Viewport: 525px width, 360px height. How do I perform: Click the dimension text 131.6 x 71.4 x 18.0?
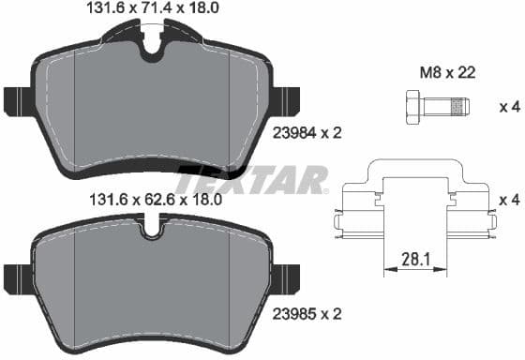coord(151,10)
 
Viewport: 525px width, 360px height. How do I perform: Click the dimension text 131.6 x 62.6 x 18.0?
coord(151,199)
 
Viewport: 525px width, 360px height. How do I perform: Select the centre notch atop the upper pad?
coord(151,49)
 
